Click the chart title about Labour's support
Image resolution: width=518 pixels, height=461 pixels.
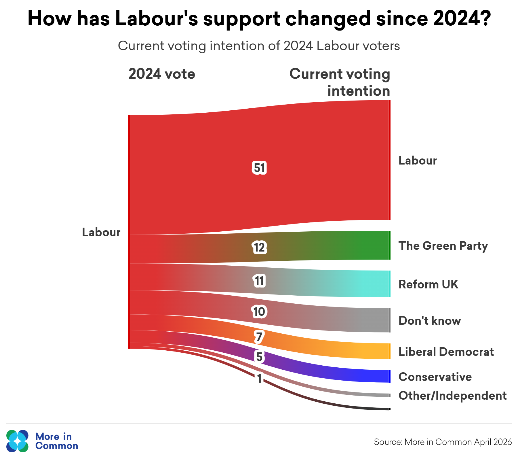point(259,18)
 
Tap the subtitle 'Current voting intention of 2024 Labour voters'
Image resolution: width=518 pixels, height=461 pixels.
point(259,46)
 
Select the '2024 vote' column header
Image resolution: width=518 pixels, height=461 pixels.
point(162,74)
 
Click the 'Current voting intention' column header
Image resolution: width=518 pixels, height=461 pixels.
point(340,82)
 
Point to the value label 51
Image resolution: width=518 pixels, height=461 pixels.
point(259,168)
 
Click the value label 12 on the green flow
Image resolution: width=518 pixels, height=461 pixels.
point(259,247)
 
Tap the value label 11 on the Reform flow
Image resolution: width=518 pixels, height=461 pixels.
point(259,281)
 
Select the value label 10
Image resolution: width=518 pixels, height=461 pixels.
point(259,312)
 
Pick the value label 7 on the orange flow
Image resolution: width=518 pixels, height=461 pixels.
point(259,337)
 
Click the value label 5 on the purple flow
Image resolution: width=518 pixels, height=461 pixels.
point(259,357)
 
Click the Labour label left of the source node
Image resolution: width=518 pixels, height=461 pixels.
point(101,232)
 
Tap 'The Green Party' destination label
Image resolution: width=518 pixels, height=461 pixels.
point(443,246)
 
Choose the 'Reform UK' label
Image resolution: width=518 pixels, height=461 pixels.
point(428,284)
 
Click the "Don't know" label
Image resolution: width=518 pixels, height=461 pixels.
point(430,321)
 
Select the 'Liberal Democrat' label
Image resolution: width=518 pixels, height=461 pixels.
point(446,352)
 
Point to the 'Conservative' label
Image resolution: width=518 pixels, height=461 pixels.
point(435,377)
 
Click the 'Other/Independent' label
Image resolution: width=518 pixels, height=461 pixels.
point(452,396)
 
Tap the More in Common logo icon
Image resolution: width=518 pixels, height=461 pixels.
point(18,441)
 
